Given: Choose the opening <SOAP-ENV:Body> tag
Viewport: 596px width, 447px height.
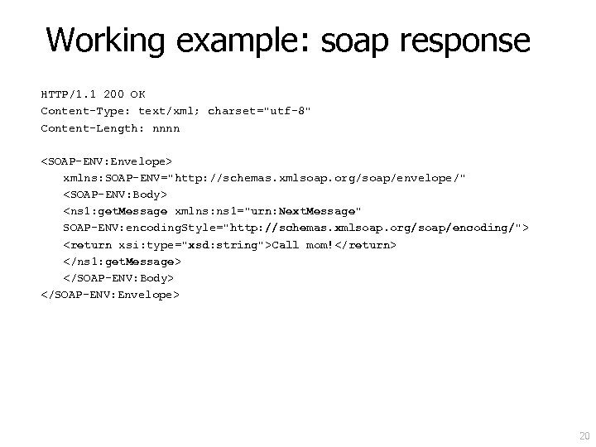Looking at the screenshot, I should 115,195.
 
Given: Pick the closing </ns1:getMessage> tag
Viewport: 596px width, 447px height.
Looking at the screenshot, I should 122,262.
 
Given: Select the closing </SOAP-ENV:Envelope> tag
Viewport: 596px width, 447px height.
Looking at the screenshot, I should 109,295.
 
